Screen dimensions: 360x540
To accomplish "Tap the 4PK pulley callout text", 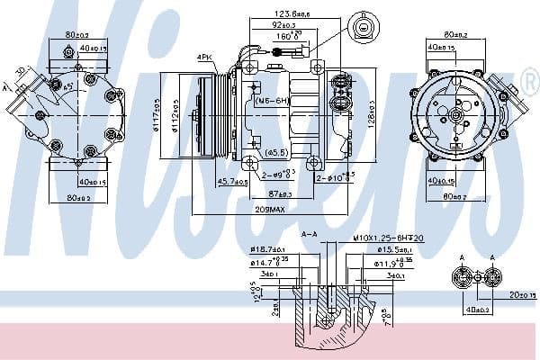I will (204, 59).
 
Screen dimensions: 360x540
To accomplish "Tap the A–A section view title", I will (310, 235).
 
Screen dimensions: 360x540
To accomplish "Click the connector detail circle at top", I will (363, 28).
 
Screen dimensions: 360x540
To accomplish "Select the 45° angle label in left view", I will (66, 85).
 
